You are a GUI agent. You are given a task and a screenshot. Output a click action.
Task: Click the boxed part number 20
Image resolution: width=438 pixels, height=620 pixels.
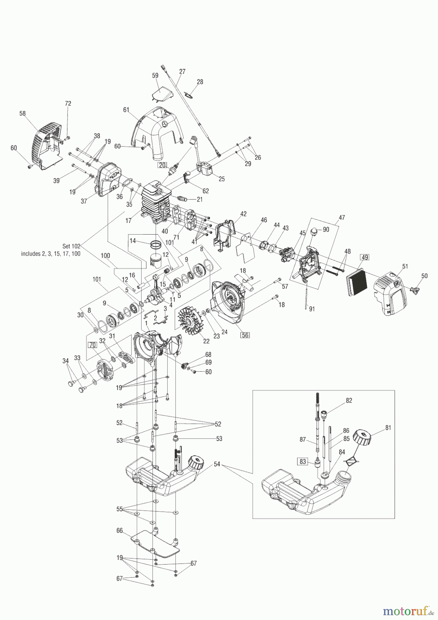coord(161,165)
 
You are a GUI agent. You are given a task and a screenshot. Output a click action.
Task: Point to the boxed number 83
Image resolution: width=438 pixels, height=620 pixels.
coord(303,462)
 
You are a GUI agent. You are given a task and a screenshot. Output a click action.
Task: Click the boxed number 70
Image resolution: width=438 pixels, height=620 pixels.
coord(92,345)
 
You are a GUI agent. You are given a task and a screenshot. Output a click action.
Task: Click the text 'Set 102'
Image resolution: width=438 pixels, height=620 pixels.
coord(71,246)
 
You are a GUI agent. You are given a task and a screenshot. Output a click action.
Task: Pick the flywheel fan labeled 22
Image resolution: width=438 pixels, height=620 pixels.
coord(189,323)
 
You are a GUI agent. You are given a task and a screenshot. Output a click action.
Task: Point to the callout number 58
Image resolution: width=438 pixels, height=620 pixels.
coord(22,113)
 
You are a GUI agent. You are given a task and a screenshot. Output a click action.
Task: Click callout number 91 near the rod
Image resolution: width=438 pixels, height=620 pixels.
coord(312,309)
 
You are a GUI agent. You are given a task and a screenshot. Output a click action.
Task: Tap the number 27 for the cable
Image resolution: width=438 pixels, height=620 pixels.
coord(182,72)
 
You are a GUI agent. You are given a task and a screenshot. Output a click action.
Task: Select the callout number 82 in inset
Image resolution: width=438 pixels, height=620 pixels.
coord(349,401)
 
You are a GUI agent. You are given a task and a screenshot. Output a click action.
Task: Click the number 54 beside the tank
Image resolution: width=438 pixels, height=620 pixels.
coord(217,464)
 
